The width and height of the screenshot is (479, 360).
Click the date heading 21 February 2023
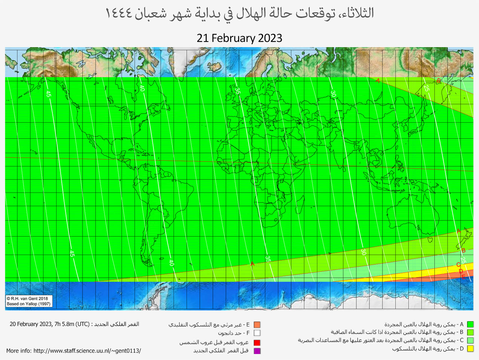point(239,38)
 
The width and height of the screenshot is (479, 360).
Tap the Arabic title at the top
point(239,13)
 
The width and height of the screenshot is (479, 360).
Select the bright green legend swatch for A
point(470,324)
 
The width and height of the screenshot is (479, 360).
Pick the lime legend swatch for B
point(470,332)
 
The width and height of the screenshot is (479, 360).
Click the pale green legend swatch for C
point(470,341)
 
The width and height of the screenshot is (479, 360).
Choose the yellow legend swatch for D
point(470,349)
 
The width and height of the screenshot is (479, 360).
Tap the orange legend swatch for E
point(257,325)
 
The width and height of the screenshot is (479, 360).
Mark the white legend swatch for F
point(257,333)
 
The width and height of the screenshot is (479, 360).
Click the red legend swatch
point(257,342)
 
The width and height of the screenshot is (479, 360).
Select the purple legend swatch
point(257,351)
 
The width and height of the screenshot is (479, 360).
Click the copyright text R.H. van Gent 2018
point(27,299)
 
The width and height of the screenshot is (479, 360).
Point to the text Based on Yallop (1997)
point(28,304)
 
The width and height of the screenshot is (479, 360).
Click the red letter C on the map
point(458,265)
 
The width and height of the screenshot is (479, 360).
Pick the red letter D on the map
point(461,271)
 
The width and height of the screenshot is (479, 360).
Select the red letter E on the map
point(463,277)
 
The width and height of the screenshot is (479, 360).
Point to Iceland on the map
point(216,68)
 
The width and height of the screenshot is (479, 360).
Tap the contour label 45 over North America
point(48,94)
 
